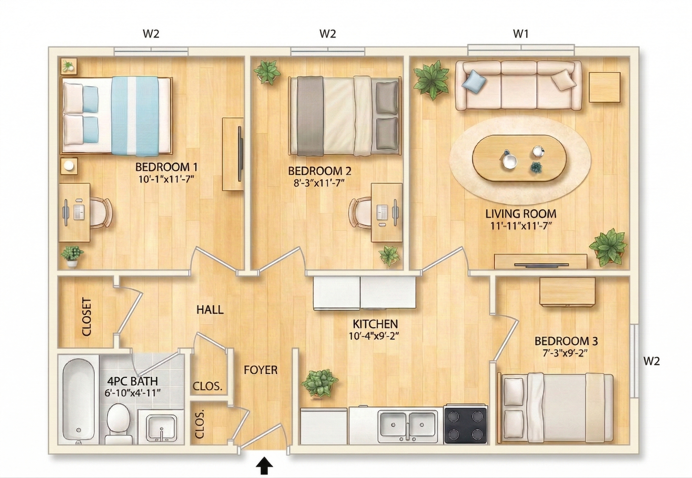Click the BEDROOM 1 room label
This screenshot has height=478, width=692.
click(x=166, y=167)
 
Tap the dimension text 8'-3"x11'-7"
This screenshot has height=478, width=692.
click(x=319, y=183)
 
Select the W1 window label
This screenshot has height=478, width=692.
click(x=520, y=34)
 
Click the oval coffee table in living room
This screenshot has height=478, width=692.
click(x=520, y=158)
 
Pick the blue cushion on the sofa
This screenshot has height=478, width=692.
click(x=474, y=79)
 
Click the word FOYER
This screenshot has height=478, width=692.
click(x=260, y=370)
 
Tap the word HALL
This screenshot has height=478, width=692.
click(x=210, y=310)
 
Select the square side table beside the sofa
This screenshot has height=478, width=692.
click(x=604, y=87)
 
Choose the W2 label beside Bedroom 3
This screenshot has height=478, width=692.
click(x=651, y=361)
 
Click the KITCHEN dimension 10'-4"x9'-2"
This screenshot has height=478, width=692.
click(x=373, y=336)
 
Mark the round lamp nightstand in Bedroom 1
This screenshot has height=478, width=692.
click(x=69, y=166)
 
